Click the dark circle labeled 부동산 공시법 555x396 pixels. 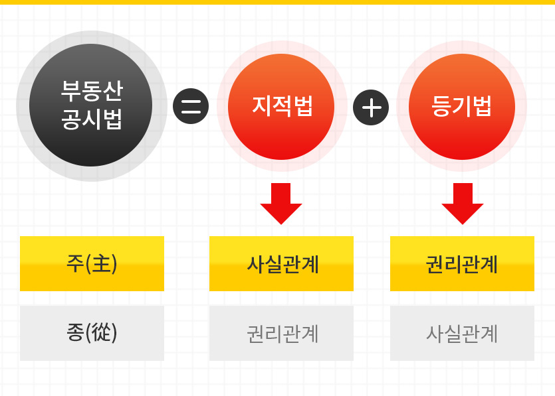click(91, 105)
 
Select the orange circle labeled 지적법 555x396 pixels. click(281, 107)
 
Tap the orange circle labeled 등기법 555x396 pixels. click(462, 107)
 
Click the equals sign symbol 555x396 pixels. click(191, 106)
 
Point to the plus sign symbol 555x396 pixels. click(371, 107)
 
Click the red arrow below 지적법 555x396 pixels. click(281, 204)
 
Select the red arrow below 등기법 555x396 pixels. click(462, 204)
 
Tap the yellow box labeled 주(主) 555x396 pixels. click(92, 263)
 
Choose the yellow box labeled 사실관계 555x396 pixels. click(281, 263)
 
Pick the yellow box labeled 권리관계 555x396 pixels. click(462, 263)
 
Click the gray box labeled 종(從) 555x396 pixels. click(92, 333)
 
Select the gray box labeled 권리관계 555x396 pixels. click(281, 333)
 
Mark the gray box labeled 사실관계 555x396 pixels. click(462, 333)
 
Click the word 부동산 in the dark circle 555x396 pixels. click(92, 91)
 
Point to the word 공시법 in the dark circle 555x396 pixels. click(92, 119)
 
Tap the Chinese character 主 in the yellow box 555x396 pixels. click(102, 263)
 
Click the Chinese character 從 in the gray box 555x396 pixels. click(102, 332)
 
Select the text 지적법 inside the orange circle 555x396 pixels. click(282, 105)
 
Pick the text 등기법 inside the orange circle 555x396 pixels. click(461, 105)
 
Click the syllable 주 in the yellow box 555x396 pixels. click(75, 263)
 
